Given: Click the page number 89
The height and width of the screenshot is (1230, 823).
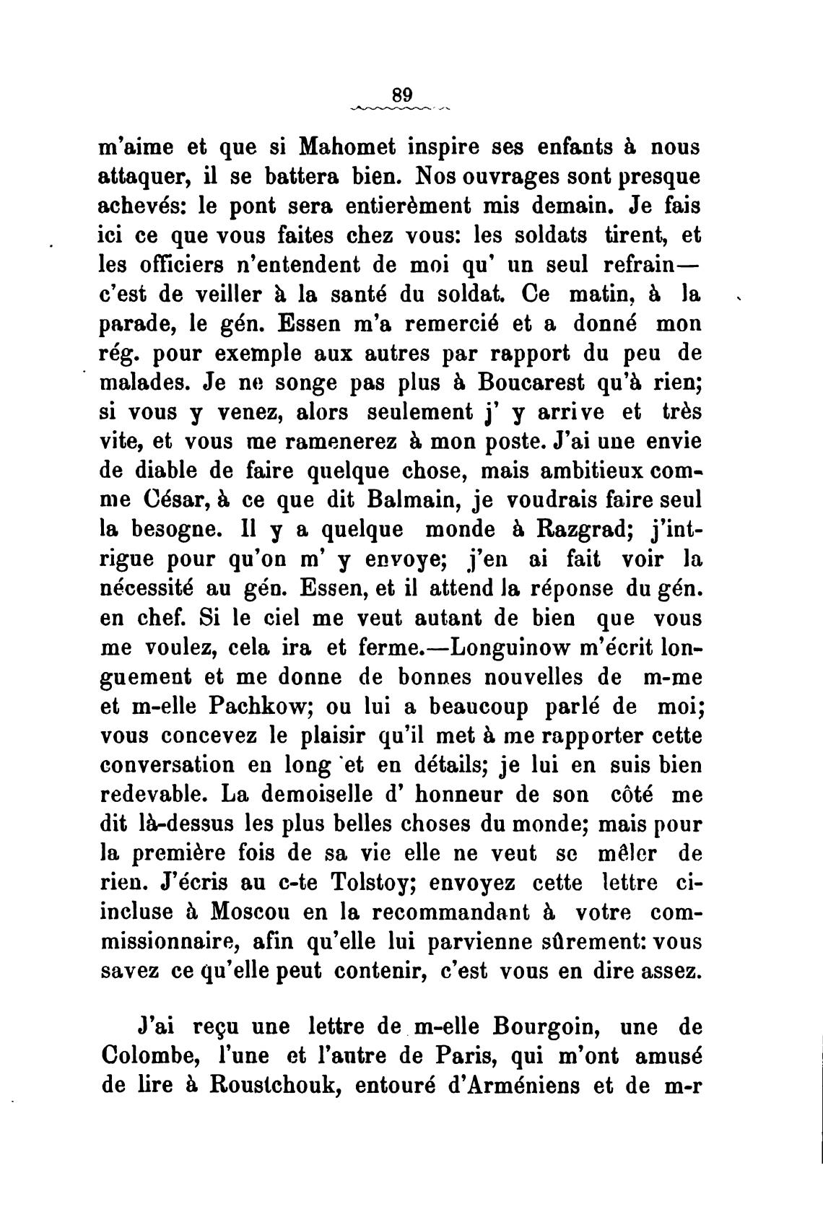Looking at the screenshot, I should (402, 95).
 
